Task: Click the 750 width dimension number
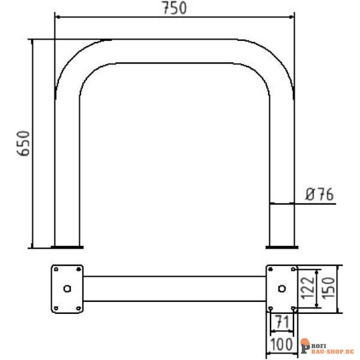175,8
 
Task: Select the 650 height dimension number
23,143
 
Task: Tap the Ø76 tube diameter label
319,194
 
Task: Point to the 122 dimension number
307,288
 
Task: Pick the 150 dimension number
328,288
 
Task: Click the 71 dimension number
282,322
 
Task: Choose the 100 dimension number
281,344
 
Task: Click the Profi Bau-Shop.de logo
328,346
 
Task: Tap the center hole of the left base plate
67,289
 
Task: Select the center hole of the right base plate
282,289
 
